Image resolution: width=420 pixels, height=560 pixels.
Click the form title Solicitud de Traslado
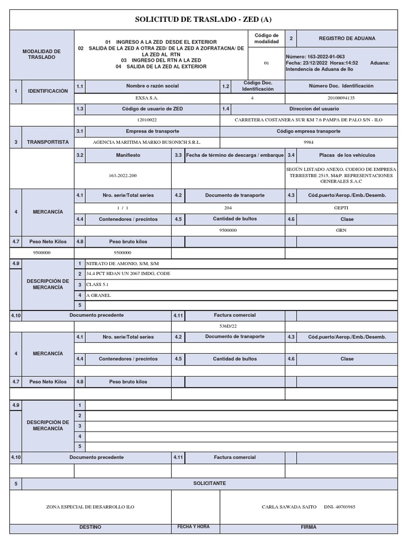203,20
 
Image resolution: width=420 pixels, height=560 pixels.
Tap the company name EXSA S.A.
148,98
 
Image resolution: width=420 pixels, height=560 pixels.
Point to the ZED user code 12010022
147,120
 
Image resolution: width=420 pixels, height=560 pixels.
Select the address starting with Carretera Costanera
308,120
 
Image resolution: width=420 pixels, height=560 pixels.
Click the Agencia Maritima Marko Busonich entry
148,142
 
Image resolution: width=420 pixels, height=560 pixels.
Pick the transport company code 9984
308,142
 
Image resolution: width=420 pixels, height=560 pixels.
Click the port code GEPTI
341,208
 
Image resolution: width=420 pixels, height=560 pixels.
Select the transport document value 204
228,208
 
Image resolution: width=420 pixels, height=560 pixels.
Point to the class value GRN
341,230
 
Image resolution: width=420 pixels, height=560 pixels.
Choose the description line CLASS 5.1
98,284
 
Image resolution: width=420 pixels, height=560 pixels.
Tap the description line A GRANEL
98,295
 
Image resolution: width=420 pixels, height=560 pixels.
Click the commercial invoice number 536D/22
228,326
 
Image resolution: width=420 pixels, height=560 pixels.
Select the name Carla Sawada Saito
289,507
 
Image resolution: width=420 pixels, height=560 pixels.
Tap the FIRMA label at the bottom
308,527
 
